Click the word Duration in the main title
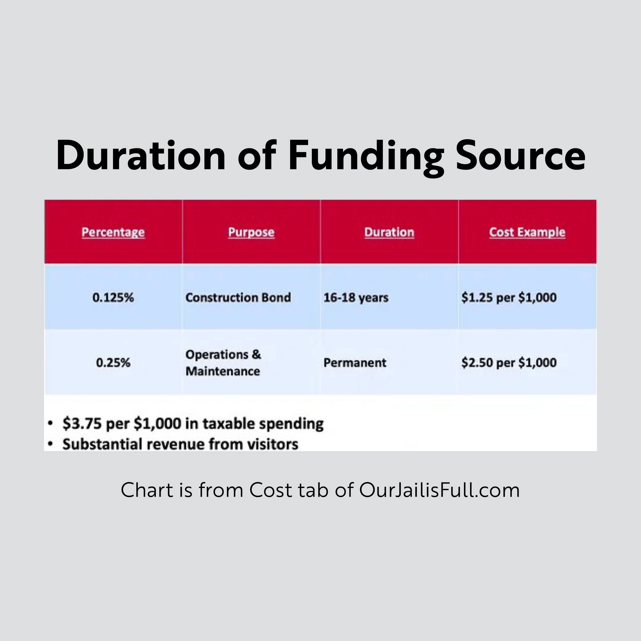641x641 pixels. pyautogui.click(x=141, y=156)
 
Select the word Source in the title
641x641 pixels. pyautogui.click(x=520, y=156)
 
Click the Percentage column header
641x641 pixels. pyautogui.click(x=113, y=232)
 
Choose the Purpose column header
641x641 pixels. pyautogui.click(x=251, y=232)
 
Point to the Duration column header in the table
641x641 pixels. pyautogui.click(x=389, y=232)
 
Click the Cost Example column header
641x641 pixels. pyautogui.click(x=527, y=232)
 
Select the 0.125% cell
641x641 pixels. pyautogui.click(x=113, y=298)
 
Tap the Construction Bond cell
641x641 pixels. pyautogui.click(x=238, y=298)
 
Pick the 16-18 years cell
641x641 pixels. pyautogui.click(x=356, y=298)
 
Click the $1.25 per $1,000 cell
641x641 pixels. pyautogui.click(x=509, y=298)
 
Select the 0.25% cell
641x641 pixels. pyautogui.click(x=113, y=363)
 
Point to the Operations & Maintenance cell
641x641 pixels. pyautogui.click(x=223, y=363)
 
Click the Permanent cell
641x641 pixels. pyautogui.click(x=355, y=363)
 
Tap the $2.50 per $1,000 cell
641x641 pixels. pyautogui.click(x=509, y=363)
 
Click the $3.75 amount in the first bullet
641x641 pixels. pyautogui.click(x=82, y=424)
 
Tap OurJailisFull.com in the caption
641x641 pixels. pyautogui.click(x=439, y=490)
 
